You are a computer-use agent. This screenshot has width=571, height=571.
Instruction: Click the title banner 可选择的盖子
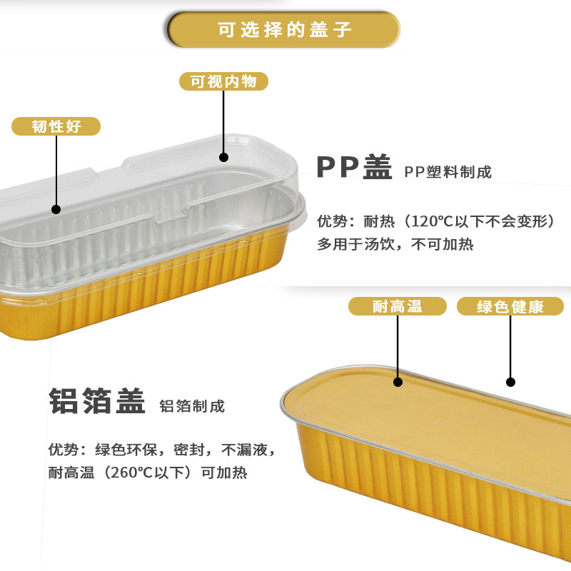[x=284, y=30]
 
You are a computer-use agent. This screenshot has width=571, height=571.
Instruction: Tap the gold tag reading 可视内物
[x=223, y=81]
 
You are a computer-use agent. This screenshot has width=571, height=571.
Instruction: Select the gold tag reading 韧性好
[x=56, y=127]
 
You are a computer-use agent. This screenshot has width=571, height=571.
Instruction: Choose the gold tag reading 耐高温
[x=398, y=307]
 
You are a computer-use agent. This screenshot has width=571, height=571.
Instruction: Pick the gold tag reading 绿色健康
[x=510, y=307]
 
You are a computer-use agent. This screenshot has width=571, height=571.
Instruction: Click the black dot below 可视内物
[x=223, y=157]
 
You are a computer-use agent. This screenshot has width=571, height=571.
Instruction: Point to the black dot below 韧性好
[x=56, y=209]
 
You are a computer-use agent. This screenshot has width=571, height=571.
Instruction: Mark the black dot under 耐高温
[x=398, y=382]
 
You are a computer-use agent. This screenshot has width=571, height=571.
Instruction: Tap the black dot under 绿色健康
[x=510, y=382]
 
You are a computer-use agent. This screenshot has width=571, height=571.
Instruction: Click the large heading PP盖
[x=355, y=168]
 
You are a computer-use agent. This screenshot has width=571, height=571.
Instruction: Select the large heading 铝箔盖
[x=97, y=400]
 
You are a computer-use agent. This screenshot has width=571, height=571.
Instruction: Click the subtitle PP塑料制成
[x=448, y=172]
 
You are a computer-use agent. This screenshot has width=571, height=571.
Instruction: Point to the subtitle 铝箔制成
[x=192, y=406]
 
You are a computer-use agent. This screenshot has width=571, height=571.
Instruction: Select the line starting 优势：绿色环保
[x=161, y=450]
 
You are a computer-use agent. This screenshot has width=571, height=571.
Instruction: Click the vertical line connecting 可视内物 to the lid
[x=223, y=121]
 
